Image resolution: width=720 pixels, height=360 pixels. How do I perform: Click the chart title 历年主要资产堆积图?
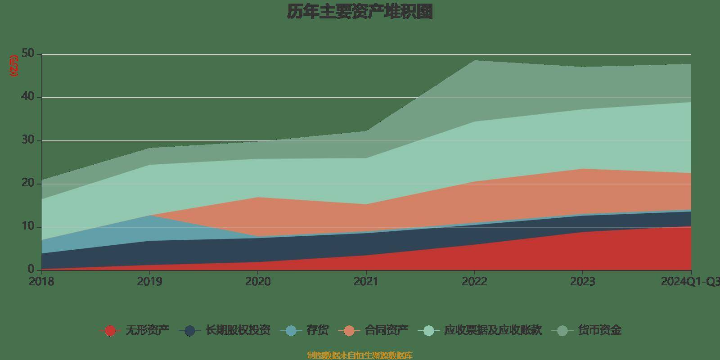[360, 12]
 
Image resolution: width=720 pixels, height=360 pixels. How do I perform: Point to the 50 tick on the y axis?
[28, 54]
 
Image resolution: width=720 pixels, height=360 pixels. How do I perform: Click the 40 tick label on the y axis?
[28, 97]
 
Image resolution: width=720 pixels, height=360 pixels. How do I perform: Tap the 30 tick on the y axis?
[28, 140]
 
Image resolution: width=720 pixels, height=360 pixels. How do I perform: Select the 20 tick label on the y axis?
[28, 183]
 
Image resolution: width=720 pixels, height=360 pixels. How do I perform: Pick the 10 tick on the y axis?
[28, 226]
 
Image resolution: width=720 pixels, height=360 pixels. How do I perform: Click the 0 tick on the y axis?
[31, 269]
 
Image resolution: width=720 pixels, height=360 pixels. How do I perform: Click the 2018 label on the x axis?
[41, 282]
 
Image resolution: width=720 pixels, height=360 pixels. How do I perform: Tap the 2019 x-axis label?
[149, 282]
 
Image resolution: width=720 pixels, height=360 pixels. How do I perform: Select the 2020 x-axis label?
[258, 282]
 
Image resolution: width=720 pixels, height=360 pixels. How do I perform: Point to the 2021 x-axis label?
[366, 282]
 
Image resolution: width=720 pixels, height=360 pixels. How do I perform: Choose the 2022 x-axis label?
[474, 282]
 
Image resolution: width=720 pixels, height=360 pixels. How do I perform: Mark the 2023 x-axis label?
[583, 282]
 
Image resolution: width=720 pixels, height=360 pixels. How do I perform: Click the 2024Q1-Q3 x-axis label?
[690, 282]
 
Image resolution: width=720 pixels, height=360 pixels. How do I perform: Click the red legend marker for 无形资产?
[110, 331]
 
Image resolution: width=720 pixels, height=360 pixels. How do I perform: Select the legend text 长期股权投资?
[238, 330]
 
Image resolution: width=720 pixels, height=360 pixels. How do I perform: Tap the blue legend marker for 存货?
[291, 331]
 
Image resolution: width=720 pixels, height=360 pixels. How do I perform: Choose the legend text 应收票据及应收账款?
[493, 330]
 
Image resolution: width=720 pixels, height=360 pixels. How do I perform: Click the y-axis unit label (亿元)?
[14, 66]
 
